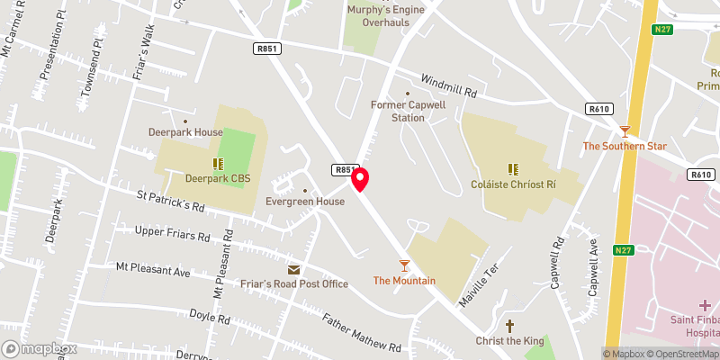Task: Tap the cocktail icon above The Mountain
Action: [x=404, y=265]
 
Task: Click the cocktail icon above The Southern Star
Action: [x=625, y=130]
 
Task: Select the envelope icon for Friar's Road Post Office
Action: [x=293, y=269]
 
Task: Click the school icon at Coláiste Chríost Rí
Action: [x=512, y=167]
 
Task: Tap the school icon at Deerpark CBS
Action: [x=217, y=163]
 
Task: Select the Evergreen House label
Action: [x=305, y=202]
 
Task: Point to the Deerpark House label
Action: [x=185, y=132]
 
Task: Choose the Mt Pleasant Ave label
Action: [x=153, y=269]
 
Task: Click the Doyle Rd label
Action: [x=210, y=317]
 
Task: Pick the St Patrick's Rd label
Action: [x=170, y=200]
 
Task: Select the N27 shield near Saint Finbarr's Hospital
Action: [x=622, y=250]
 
